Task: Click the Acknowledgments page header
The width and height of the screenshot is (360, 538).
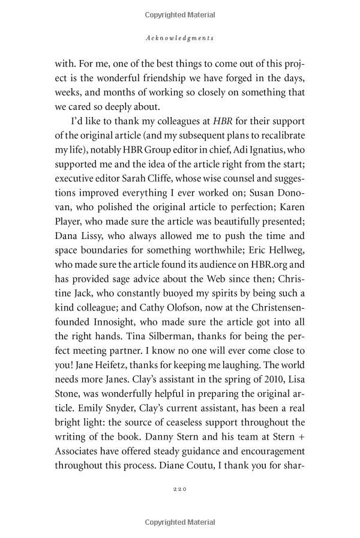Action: (180, 38)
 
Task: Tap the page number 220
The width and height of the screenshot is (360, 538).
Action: (180, 489)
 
